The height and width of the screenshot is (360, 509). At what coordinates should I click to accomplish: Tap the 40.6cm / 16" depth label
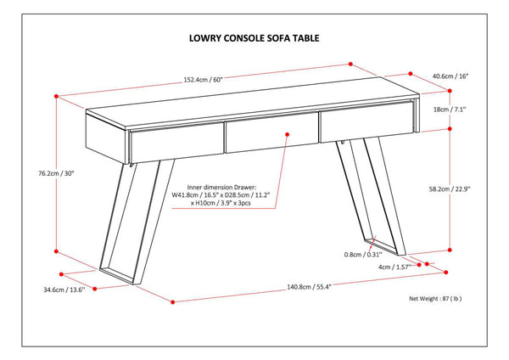click(x=449, y=76)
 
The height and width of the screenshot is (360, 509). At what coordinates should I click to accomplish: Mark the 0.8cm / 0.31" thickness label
click(x=363, y=254)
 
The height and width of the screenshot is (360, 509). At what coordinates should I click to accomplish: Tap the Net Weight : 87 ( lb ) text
click(x=435, y=299)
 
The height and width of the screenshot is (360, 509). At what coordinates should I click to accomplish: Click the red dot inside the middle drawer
click(x=288, y=134)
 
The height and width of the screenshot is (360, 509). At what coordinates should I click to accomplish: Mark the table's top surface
click(x=255, y=104)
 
